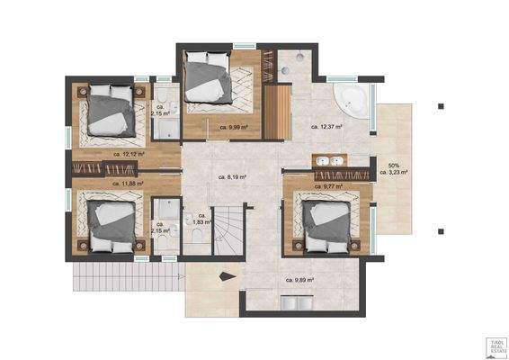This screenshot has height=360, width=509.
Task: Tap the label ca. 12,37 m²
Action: point(327,127)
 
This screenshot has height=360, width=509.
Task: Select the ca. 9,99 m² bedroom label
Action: point(235,127)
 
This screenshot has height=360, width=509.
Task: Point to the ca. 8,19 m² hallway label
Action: point(232,177)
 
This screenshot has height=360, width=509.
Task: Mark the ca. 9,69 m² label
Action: point(299,280)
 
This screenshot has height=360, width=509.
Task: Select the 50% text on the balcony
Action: point(393,166)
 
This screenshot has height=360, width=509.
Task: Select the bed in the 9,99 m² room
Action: point(214,78)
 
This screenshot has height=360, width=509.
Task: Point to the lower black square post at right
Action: point(439,232)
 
